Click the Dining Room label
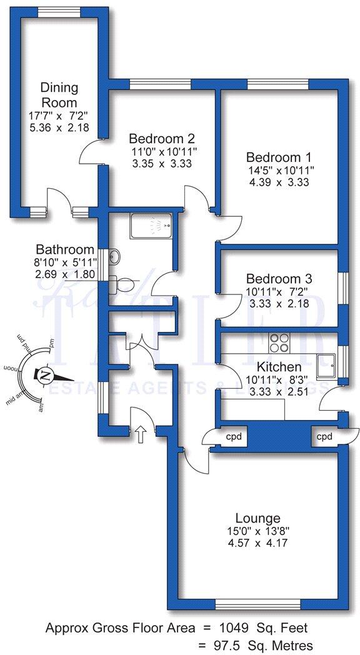[x=59, y=94]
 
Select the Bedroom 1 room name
[x=279, y=157]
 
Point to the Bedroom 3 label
[x=279, y=279]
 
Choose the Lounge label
[x=257, y=517]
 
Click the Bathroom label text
[x=65, y=249]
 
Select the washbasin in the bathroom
[x=114, y=257]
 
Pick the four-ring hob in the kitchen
[x=279, y=343]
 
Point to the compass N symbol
[x=46, y=376]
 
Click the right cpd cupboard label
[x=323, y=436]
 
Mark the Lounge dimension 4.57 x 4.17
[x=257, y=542]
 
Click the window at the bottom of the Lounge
[x=257, y=604]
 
